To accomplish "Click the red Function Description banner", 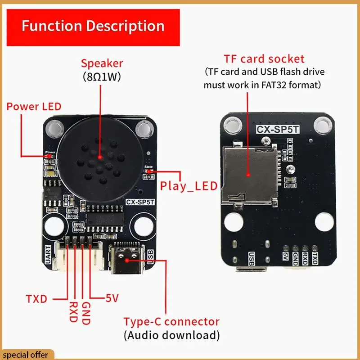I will (x=93, y=26).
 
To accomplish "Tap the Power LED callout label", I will (x=34, y=107).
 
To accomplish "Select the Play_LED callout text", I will (x=189, y=185).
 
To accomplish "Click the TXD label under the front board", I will (x=36, y=298).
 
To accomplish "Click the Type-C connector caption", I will (x=171, y=322).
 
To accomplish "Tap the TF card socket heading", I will (x=264, y=59).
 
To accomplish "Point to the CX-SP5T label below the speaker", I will (x=140, y=202).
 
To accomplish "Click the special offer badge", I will (x=27, y=355).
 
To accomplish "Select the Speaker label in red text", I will (x=102, y=63).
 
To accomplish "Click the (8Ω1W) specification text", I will (x=102, y=76).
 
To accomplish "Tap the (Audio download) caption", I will (x=171, y=335).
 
